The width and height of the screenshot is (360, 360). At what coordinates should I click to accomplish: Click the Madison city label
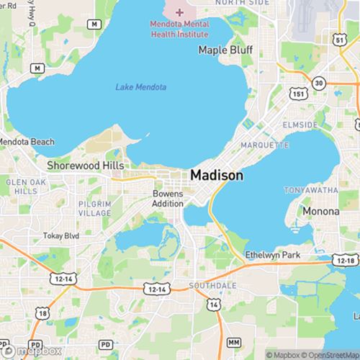pyautogui.click(x=217, y=175)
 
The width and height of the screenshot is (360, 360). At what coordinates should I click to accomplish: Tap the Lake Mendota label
pyautogui.click(x=141, y=88)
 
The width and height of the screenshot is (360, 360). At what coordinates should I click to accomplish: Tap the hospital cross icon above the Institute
pyautogui.click(x=179, y=12)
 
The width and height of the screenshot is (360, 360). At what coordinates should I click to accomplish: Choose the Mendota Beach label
pyautogui.click(x=26, y=142)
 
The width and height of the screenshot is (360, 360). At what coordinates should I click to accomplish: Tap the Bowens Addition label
pyautogui.click(x=168, y=199)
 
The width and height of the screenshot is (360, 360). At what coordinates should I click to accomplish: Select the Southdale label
pyautogui.click(x=207, y=285)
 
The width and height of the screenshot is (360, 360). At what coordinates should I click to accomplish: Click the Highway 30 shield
pyautogui.click(x=319, y=84)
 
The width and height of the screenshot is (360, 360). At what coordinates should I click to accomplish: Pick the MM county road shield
pyautogui.click(x=233, y=341)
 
